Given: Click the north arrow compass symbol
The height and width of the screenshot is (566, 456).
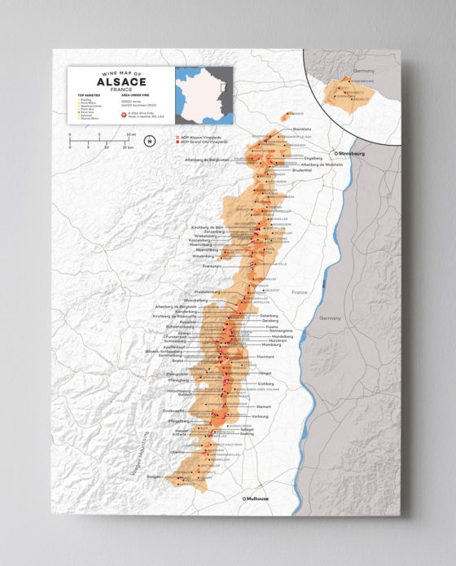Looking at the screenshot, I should click(149, 141).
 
